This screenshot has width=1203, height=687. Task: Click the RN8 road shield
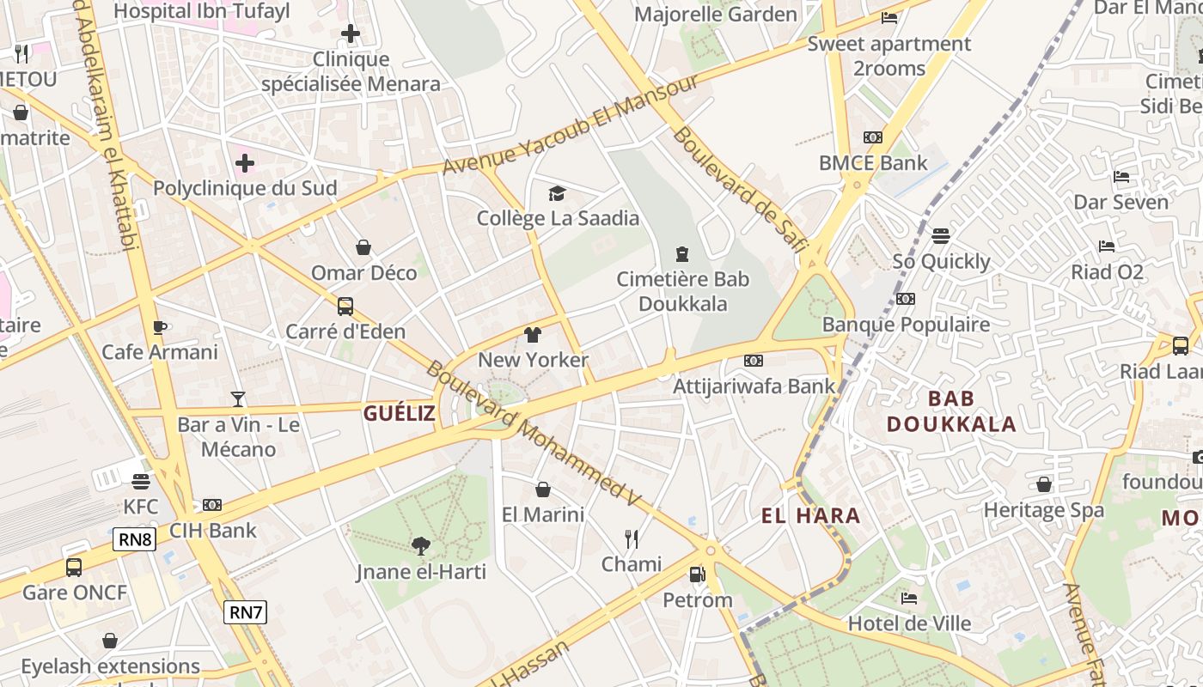tap(135, 539)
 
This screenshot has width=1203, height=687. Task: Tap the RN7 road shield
tap(246, 612)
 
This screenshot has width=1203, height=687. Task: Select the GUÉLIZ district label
tap(399, 413)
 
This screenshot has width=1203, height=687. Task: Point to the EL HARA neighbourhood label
tap(810, 515)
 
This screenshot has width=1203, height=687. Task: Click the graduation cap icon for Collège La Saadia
tap(557, 193)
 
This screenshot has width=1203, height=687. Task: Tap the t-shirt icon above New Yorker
tap(533, 335)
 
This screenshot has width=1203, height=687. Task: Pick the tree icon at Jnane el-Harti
tap(420, 545)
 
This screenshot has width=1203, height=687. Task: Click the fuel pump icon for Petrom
tap(697, 574)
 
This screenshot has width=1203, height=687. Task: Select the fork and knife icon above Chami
tap(632, 538)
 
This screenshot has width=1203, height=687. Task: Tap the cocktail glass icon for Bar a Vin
tap(238, 399)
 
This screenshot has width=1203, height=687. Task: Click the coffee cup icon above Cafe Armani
tap(159, 327)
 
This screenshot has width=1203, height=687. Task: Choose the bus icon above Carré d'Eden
tap(345, 307)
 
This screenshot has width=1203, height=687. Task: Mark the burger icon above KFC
tap(141, 481)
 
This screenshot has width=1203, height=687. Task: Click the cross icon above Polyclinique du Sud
tap(245, 162)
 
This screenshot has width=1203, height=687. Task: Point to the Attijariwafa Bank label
tap(753, 386)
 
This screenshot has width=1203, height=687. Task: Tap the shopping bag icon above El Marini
tap(543, 489)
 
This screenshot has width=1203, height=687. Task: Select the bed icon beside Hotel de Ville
tap(909, 598)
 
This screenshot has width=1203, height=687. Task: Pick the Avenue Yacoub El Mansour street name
tap(571, 124)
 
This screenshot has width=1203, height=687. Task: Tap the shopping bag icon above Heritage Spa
tap(1043, 484)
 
